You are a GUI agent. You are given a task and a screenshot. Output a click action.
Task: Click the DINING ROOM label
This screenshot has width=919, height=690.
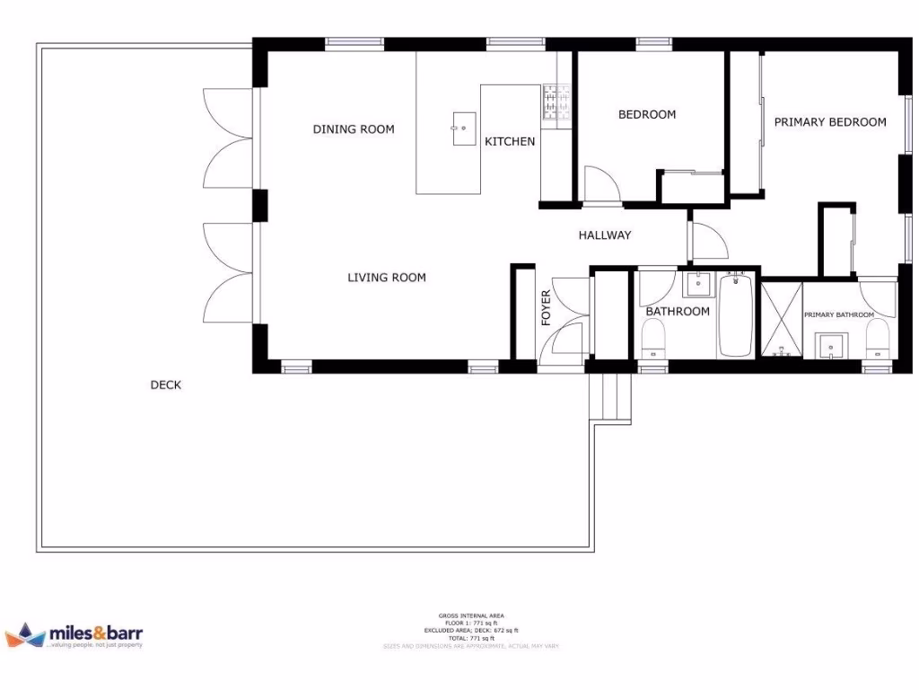pyautogui.click(x=354, y=129)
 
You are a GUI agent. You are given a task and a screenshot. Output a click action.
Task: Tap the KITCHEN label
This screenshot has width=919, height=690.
pyautogui.click(x=510, y=142)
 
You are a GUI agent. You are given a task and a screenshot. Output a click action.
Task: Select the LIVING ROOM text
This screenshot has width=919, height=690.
pyautogui.click(x=387, y=278)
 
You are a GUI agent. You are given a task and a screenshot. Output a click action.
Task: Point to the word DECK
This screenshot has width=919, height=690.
pyautogui.click(x=165, y=385)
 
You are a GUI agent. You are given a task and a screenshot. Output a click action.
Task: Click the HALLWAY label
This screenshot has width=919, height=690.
pyautogui.click(x=604, y=235)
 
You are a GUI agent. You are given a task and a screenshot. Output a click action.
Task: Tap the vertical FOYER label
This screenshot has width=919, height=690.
pyautogui.click(x=547, y=307)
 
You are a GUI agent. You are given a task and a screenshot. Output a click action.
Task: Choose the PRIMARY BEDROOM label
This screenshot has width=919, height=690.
pyautogui.click(x=830, y=122)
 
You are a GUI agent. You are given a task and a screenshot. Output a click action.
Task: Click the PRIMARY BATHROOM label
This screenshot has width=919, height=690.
pyautogui.click(x=838, y=315)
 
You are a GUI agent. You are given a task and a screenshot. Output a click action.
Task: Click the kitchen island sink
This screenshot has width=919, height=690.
pyautogui.click(x=464, y=128)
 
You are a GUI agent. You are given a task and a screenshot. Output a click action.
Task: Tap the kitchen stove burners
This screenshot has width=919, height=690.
pyautogui.click(x=556, y=102)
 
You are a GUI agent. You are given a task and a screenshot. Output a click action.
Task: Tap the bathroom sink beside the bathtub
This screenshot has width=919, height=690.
pyautogui.click(x=697, y=285)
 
